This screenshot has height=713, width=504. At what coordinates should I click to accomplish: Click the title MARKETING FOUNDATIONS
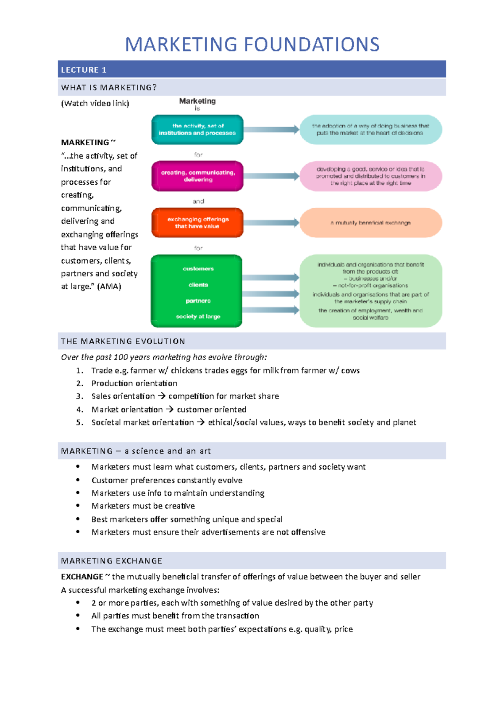point(252,45)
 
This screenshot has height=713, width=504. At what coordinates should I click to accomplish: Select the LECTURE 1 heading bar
point(252,69)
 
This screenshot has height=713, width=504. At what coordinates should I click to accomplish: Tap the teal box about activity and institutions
point(197,129)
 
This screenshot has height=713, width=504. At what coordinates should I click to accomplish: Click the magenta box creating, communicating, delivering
point(197,176)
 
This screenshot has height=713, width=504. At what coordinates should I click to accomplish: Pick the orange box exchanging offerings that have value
point(197,223)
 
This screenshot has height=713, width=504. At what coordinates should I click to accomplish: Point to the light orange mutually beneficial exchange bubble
point(370,223)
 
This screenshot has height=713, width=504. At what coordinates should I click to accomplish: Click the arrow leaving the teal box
point(271,129)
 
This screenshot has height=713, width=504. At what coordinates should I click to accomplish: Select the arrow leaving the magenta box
point(271,176)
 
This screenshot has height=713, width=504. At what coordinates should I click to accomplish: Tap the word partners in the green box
point(198,301)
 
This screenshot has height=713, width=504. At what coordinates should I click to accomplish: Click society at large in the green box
point(198,316)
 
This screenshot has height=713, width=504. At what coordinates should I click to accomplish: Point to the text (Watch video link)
point(95,103)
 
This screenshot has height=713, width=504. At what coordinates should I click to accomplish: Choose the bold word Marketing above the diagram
point(197,101)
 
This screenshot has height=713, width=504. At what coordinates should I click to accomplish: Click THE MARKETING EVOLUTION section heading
point(123,341)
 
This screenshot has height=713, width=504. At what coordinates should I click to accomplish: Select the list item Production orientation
point(134,383)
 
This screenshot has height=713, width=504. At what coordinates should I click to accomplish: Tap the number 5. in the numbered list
point(80,422)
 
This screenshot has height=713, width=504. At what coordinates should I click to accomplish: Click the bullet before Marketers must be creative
point(78,506)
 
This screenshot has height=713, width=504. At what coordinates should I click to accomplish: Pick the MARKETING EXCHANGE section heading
point(112,561)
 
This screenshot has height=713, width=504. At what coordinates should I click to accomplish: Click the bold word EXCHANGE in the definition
point(82,577)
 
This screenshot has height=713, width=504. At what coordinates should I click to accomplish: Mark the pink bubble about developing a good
point(370,176)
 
